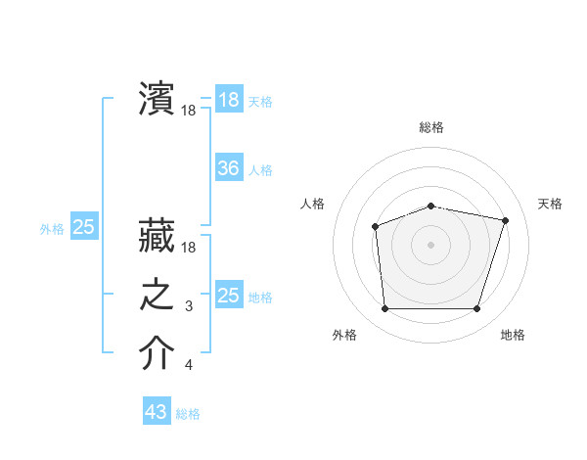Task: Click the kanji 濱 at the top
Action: click(157, 99)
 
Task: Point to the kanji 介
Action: click(157, 353)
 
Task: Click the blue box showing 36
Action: click(228, 168)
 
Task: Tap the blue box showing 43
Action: click(157, 412)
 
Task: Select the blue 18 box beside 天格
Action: click(228, 100)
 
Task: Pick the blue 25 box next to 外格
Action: click(84, 227)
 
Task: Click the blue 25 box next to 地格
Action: click(228, 296)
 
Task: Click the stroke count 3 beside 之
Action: click(189, 307)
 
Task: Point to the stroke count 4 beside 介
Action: click(189, 366)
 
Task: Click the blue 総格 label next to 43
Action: click(188, 414)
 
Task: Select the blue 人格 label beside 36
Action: click(260, 170)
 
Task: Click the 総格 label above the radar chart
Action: click(431, 127)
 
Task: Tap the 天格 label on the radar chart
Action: click(551, 204)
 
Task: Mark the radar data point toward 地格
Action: click(476, 309)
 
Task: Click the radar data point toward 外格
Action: click(384, 309)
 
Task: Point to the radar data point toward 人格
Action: click(375, 227)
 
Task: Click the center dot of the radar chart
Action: click(430, 244)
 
